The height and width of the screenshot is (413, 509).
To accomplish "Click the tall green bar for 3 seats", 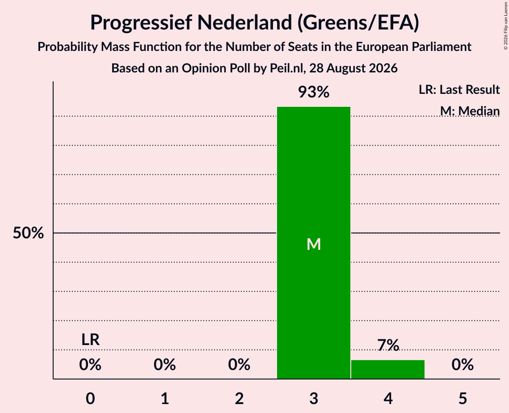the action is point(314,243).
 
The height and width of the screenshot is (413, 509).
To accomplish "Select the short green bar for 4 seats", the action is point(388,369).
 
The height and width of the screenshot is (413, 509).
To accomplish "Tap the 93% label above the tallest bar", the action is point(314,92).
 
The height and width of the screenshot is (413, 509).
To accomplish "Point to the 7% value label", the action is point(388,345).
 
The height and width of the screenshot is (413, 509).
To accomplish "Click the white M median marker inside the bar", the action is point(314,244).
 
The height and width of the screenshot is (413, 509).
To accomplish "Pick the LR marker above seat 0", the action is point(90,340).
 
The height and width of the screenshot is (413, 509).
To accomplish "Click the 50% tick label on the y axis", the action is point(28,233).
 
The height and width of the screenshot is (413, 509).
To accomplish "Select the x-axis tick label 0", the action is point(90,398).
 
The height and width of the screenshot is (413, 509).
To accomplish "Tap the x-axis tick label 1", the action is point(165,398).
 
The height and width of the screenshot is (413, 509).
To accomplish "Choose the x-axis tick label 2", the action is point(239,398).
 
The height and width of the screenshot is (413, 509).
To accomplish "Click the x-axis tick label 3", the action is point(314,398).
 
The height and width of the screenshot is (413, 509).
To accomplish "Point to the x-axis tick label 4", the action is point(388,398).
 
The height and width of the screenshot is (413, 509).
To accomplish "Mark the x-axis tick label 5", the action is point(463,398).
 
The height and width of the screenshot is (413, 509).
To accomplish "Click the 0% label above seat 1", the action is point(165,365).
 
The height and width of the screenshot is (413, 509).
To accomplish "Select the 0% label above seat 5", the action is point(463,365).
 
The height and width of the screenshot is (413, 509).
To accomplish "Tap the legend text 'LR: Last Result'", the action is point(459,89).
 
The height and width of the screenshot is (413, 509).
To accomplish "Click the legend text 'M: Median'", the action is point(470,111).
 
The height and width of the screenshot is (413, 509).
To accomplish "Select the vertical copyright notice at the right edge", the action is point(505,25).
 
